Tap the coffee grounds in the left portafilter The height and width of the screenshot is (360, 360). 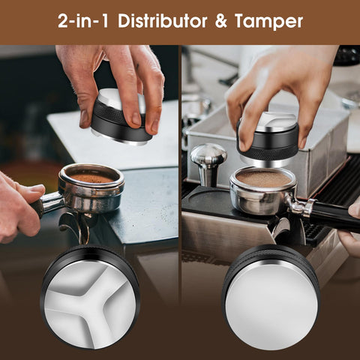pos(92,178)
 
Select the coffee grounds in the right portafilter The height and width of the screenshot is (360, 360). pos(262,180)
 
